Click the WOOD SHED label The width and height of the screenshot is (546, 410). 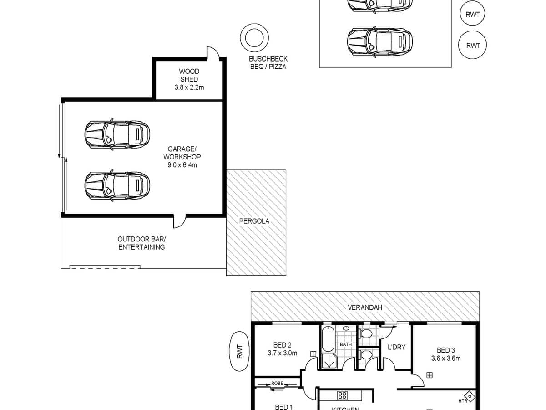pos(189,75)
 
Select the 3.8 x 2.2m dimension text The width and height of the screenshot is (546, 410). pos(189,87)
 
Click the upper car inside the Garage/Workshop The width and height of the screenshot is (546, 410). pos(117,134)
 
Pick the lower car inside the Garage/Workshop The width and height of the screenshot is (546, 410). pos(117,185)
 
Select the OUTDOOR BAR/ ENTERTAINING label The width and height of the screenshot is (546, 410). pos(142,243)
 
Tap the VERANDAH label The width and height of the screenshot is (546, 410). pos(365,307)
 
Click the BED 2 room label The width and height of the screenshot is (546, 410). pos(280,345)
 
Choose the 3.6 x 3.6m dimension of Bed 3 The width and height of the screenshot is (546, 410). pos(446,358)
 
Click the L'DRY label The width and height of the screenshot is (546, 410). pos(396,347)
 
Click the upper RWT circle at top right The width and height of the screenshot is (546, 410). pos(472,14)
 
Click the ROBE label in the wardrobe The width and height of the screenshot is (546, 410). pos(277,384)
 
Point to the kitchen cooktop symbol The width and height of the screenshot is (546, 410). pos(343,395)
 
